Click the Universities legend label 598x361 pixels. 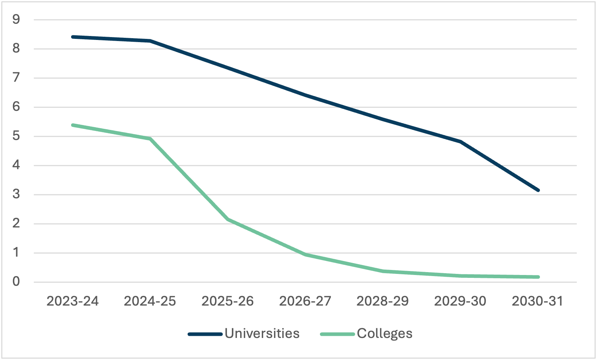(262, 334)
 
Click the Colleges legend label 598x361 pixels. (384, 334)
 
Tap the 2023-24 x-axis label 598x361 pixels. (73, 301)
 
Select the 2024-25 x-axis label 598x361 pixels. (150, 301)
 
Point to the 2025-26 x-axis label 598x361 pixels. (228, 301)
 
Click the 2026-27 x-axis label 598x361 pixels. (305, 301)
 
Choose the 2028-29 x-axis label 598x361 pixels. (383, 301)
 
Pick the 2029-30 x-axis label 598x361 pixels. (460, 301)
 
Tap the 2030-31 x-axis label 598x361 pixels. (538, 301)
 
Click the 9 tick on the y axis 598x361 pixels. (16, 19)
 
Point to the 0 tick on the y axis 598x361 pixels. (16, 282)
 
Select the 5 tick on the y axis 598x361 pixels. (16, 136)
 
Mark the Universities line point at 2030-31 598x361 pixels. (538, 190)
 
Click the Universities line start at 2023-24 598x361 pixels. (73, 37)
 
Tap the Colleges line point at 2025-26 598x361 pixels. (228, 219)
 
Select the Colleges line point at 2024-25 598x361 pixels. (150, 139)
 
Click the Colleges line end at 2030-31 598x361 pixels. (538, 277)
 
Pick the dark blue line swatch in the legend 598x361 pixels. (205, 334)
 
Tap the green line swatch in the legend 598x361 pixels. (337, 334)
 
